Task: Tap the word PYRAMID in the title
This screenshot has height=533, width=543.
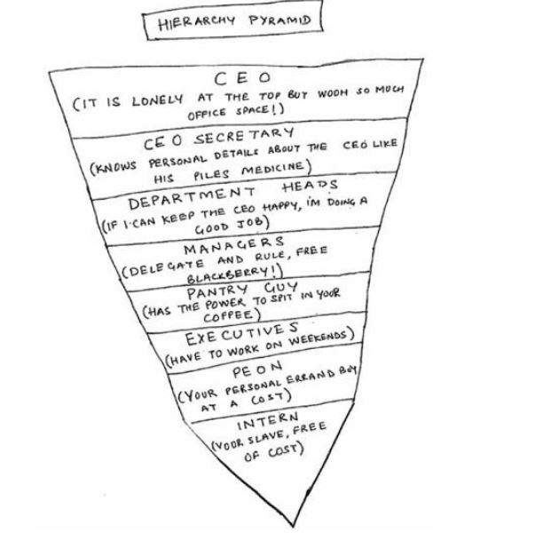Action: coord(279,20)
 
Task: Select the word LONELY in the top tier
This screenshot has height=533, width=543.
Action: coord(157,100)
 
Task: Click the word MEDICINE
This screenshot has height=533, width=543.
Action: coord(273,168)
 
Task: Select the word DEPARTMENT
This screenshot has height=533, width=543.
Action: coord(192,199)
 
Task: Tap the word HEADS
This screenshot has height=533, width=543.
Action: coord(310,186)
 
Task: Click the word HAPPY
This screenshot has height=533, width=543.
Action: coord(279,206)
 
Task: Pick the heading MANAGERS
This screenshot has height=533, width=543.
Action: coord(233,245)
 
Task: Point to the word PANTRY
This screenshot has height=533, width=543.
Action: coord(217,291)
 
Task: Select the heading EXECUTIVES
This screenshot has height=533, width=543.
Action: coord(241,334)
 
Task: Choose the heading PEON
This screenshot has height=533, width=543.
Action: coord(257,370)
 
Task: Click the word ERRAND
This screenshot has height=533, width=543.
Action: coord(311,377)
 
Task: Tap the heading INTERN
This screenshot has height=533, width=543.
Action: coord(267,421)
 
